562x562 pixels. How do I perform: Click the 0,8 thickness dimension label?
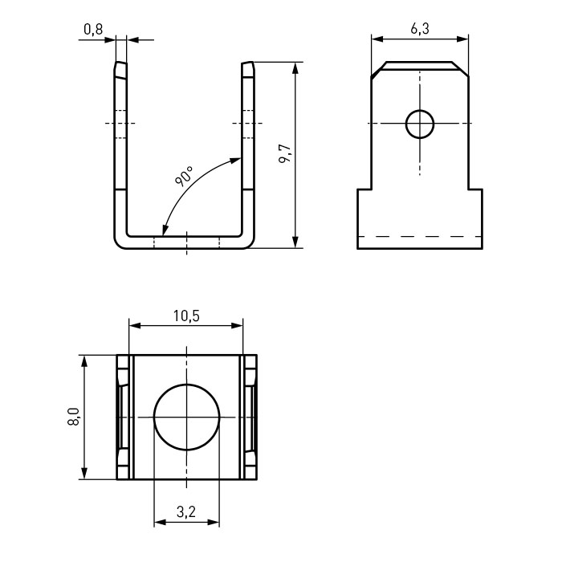[93, 30]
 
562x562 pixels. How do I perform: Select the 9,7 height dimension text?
[286, 154]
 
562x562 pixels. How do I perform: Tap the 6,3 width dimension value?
[420, 29]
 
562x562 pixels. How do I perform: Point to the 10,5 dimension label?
[186, 316]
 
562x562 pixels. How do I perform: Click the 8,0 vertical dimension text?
[74, 417]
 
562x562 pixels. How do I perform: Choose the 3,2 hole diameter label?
[186, 512]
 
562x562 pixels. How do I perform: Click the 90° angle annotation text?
[184, 176]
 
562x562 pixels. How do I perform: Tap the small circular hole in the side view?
[420, 124]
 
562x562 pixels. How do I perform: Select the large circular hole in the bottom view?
[186, 417]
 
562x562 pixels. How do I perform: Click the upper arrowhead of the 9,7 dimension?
[295, 68]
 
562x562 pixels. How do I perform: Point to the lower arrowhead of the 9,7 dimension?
[295, 242]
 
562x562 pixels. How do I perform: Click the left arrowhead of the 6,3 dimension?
[378, 39]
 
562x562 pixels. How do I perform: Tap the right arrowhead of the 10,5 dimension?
[237, 325]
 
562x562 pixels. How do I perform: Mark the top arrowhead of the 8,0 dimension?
[84, 361]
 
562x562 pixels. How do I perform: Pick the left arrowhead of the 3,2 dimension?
[161, 522]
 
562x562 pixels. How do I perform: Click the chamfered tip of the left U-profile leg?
[120, 70]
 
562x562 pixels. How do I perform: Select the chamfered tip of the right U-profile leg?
[248, 69]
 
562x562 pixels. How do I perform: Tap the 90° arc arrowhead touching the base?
[165, 230]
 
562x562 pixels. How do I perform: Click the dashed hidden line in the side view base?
[420, 237]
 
